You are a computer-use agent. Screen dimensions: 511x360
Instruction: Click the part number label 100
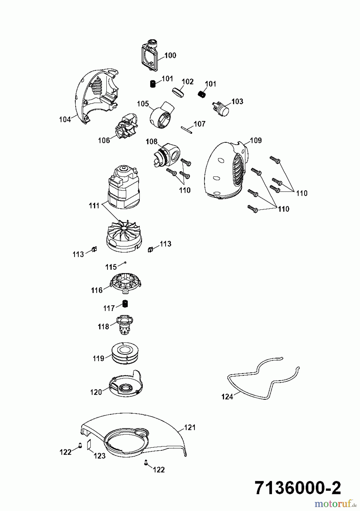(x=170, y=55)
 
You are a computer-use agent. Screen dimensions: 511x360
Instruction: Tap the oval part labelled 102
(x=178, y=93)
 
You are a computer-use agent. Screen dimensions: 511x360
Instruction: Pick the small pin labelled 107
(x=187, y=129)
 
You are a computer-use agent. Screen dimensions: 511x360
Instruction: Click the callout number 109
(x=256, y=141)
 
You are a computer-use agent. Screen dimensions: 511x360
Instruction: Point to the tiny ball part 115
(x=125, y=263)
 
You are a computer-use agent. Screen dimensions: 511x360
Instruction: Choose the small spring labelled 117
(x=125, y=303)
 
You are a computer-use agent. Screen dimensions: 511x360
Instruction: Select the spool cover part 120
(x=125, y=384)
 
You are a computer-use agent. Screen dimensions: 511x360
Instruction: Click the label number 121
(x=190, y=427)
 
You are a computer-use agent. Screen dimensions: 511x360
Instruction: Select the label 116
(x=97, y=290)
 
